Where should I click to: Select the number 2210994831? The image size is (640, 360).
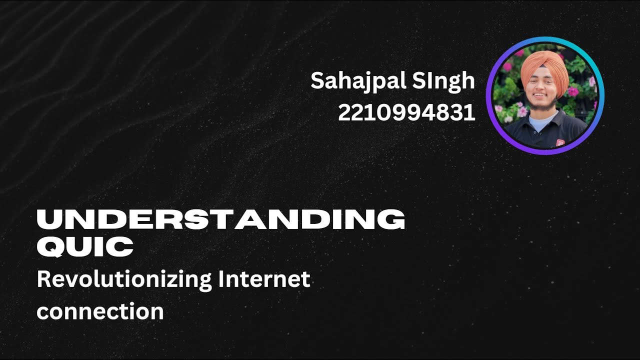(406, 113)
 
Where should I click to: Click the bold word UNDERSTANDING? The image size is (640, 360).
(220, 220)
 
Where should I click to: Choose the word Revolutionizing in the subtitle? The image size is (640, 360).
(124, 280)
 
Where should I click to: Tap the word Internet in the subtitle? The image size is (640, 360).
(264, 279)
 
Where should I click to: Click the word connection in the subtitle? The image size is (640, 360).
(100, 311)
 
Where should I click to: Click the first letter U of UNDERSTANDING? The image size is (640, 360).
(47, 220)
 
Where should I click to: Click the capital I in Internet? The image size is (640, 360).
(220, 279)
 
